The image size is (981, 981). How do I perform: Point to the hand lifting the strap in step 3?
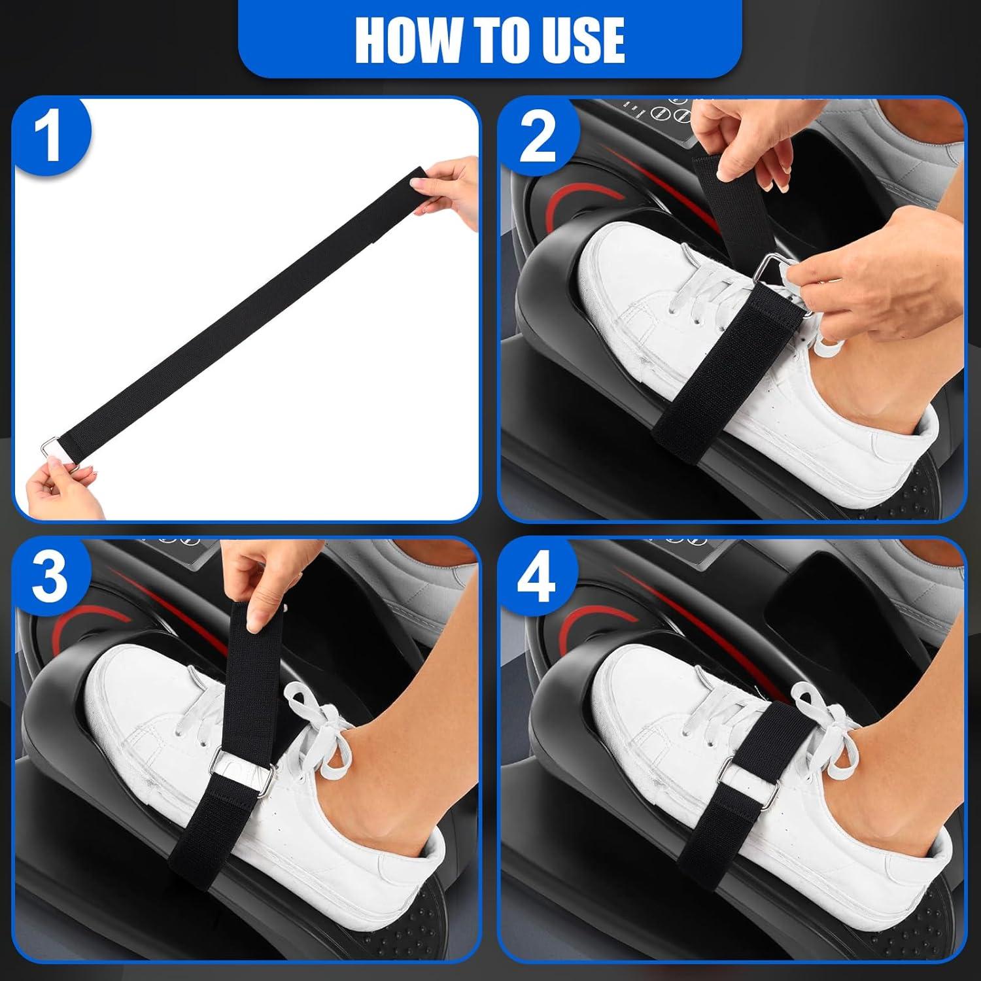pos(262,576)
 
